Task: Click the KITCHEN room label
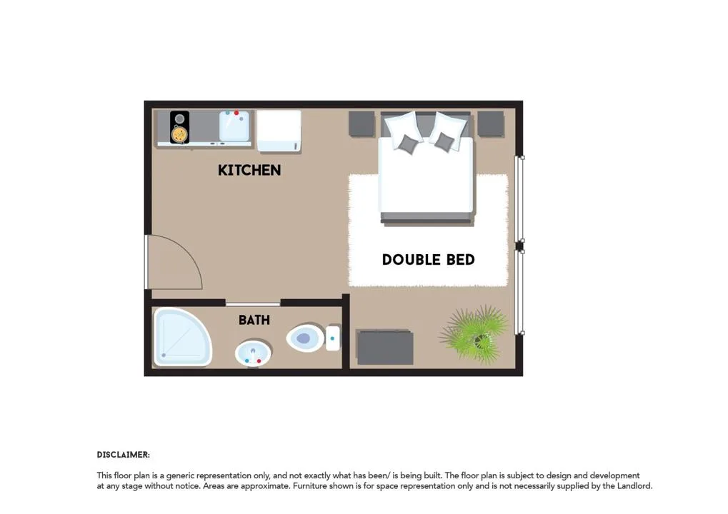249,170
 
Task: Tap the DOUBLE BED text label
428,259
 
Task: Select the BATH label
254,320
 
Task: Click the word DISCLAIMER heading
123,455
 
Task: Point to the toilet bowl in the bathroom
305,338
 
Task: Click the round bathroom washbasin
253,353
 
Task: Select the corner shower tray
182,336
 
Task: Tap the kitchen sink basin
234,126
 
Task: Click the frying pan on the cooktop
179,134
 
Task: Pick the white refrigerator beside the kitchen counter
279,131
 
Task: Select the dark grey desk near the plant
385,347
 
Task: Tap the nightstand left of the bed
361,124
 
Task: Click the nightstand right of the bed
491,124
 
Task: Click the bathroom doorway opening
253,303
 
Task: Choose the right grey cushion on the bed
444,141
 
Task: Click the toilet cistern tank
332,338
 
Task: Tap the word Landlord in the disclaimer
634,486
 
